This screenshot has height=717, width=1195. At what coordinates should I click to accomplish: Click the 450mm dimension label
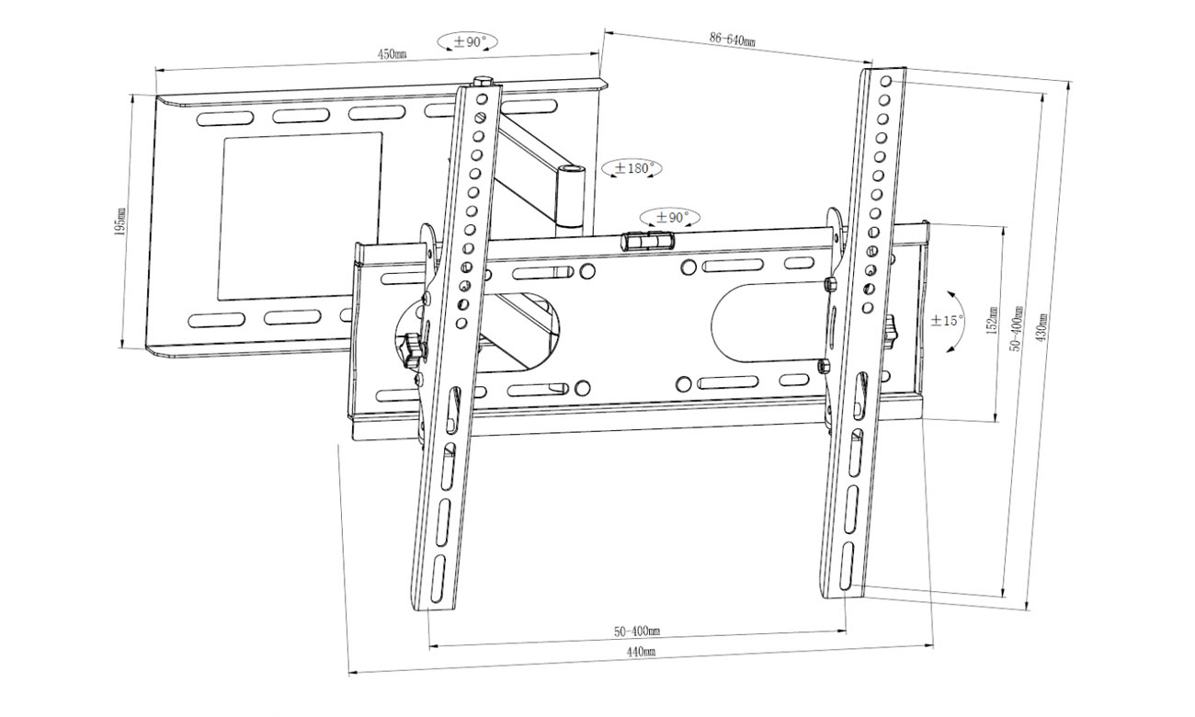393,54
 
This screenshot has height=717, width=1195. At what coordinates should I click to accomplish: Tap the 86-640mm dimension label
732,40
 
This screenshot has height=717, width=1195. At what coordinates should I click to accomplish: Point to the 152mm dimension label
992,320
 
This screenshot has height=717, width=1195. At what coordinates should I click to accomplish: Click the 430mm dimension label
1041,327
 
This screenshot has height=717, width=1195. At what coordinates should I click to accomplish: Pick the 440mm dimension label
642,652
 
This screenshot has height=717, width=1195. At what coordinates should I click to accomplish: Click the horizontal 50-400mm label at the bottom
637,632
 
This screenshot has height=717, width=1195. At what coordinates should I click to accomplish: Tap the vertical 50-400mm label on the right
1017,328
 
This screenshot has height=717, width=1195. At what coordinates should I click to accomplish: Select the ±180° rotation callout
632,168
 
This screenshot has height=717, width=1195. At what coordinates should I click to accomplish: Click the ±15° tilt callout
948,321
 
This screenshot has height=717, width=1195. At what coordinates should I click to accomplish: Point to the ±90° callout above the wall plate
468,41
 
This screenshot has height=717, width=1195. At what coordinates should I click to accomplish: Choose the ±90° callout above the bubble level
670,218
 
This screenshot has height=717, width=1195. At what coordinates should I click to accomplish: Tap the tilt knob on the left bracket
413,347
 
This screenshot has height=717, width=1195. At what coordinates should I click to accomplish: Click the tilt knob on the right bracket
891,331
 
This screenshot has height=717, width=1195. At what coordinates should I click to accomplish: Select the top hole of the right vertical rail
885,82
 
